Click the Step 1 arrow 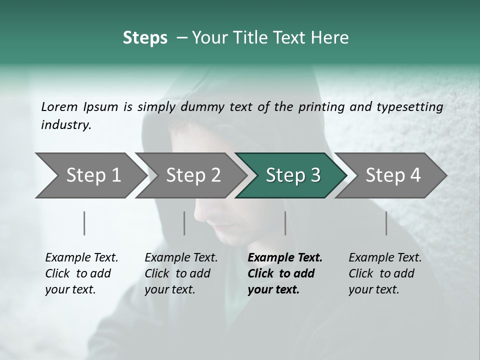(90, 175)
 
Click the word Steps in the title (145, 38)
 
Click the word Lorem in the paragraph (59, 106)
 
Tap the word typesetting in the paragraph (412, 107)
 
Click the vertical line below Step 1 (84, 223)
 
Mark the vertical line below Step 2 (184, 223)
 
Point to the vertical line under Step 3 (285, 223)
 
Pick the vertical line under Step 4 (386, 223)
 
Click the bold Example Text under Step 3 (285, 257)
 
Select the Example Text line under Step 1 (81, 257)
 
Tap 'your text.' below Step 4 (373, 289)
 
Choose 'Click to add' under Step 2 (177, 273)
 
